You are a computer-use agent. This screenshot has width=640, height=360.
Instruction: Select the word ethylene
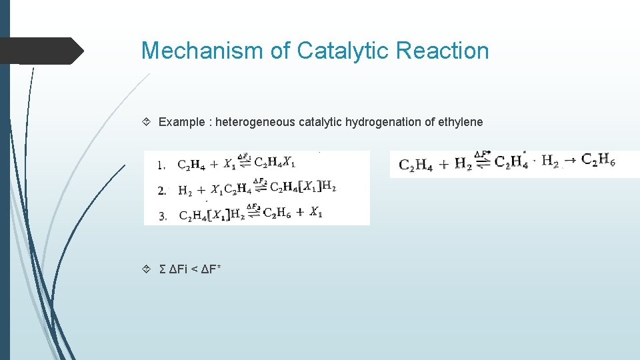click(x=461, y=122)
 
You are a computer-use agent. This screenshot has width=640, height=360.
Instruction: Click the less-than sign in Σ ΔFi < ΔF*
click(x=196, y=269)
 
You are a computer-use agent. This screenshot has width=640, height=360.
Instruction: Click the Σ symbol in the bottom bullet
click(x=163, y=269)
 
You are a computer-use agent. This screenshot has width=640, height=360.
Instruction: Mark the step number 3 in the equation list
click(x=162, y=215)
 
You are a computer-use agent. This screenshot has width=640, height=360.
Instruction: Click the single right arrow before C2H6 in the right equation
click(x=570, y=160)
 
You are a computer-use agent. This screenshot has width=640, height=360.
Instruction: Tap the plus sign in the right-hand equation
click(x=442, y=163)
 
